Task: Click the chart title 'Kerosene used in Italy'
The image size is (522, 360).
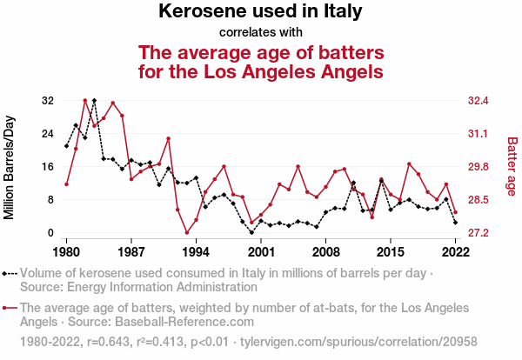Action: pos(261,12)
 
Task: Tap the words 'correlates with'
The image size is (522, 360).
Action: pos(261,33)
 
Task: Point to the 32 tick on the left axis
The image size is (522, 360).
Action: pos(49,101)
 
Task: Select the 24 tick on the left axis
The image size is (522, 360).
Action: pos(49,134)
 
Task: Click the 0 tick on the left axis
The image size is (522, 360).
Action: pos(52,233)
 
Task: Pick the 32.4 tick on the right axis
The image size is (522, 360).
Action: pos(479,101)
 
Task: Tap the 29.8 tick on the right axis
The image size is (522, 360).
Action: pos(479,167)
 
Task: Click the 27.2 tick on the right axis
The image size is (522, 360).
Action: pos(479,233)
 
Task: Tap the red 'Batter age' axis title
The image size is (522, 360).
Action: pos(512,167)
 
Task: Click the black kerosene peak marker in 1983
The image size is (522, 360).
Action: pos(94,101)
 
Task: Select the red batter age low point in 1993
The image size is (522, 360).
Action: pos(187,232)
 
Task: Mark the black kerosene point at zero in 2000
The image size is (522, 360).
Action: pos(251,232)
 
